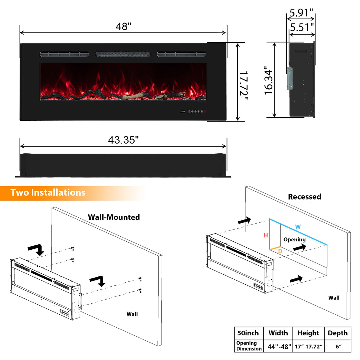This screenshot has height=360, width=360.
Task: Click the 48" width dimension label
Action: click(123, 26)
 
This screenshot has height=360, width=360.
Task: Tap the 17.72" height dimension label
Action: click(244, 83)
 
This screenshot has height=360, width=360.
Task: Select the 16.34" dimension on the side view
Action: click(268, 80)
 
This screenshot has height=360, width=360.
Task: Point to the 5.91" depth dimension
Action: click(301, 13)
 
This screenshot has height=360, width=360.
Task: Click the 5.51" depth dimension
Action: click(302, 28)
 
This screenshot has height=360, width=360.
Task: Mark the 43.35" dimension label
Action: click(123, 140)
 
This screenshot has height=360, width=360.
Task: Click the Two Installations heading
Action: click(48, 193)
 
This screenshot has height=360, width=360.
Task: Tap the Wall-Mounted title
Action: click(114, 217)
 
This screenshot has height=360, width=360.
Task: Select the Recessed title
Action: click(305, 197)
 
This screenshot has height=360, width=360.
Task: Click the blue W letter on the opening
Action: click(298, 227)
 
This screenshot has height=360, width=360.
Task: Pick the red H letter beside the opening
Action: click(266, 235)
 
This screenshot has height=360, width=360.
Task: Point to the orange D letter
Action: click(280, 251)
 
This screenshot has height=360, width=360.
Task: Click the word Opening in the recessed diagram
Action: click(294, 240)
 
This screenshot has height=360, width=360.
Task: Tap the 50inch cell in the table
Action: click(248, 333)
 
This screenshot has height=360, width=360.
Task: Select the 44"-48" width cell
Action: click(279, 347)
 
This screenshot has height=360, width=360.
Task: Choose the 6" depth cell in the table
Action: click(338, 347)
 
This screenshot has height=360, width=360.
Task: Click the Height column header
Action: click(308, 333)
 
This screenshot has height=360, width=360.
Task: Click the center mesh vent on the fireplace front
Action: click(123, 54)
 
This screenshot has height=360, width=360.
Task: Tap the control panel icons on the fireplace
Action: click(194, 111)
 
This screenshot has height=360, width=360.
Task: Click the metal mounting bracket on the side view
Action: click(289, 78)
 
